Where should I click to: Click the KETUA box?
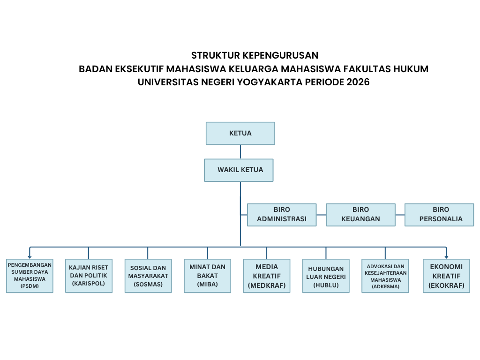(x=240, y=133)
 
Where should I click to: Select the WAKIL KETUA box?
(x=239, y=170)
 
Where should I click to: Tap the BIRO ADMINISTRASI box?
(x=282, y=215)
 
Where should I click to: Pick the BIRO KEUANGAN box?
(x=360, y=215)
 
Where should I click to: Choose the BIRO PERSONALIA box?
(x=439, y=215)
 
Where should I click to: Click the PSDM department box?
(x=30, y=276)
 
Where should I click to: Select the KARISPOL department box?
(x=89, y=276)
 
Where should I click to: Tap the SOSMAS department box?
(x=148, y=276)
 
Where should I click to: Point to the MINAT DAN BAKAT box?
(x=207, y=276)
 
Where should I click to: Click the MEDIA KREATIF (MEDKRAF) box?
(x=267, y=276)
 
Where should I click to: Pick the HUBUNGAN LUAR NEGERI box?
(x=326, y=276)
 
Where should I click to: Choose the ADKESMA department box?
(x=385, y=276)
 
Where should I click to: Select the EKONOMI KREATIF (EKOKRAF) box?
(x=446, y=276)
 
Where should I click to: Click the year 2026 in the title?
(x=358, y=82)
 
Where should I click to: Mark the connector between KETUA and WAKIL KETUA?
(x=240, y=151)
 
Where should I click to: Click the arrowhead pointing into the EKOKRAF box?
(x=446, y=256)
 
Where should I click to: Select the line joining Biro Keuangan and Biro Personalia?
(x=399, y=215)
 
